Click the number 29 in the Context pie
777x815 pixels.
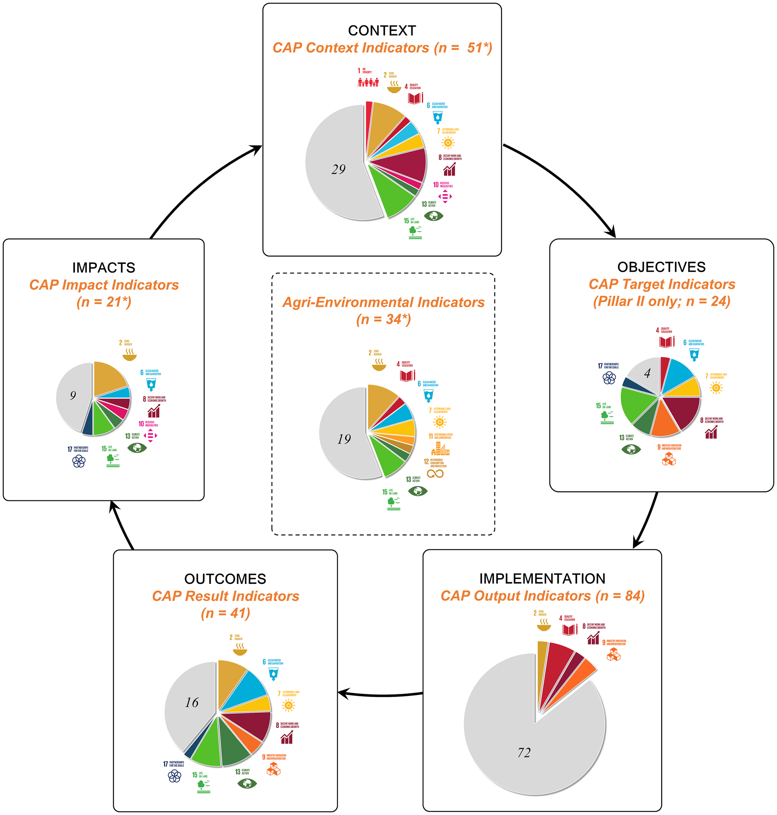click(338, 169)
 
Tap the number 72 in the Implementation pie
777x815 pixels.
click(524, 752)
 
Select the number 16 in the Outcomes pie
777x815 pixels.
click(192, 702)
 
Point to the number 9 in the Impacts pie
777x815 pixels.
click(73, 395)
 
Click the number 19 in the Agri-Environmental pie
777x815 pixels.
click(344, 439)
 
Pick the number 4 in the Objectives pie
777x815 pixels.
click(647, 373)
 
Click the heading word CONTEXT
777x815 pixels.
click(382, 30)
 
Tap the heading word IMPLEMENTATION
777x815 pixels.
click(542, 579)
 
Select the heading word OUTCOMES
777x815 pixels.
click(225, 579)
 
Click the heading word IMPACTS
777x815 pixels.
click(103, 268)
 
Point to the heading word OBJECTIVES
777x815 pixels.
click(661, 267)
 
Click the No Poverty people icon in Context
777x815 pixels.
click(368, 83)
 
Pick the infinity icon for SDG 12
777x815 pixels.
click(435, 474)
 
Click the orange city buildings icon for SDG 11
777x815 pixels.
click(440, 449)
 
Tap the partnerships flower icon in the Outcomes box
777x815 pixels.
click(174, 777)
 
